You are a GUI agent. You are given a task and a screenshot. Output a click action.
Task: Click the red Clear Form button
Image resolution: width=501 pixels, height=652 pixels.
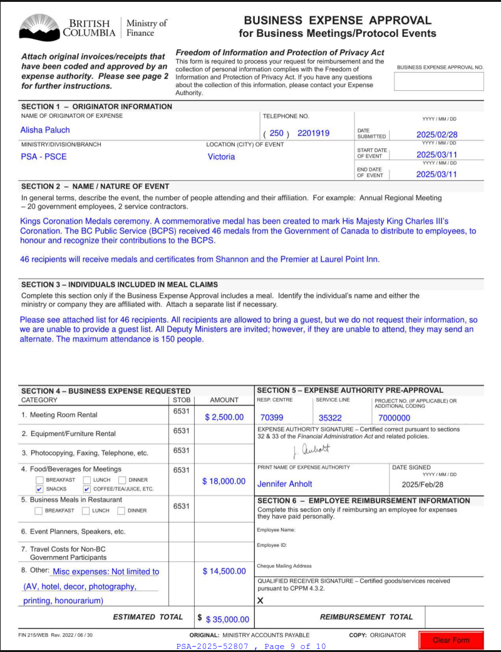tap(451, 639)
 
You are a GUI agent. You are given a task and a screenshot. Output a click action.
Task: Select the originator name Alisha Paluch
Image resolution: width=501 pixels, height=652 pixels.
tap(45, 130)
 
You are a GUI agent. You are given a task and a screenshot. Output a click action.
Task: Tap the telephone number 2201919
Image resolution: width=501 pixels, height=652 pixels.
tap(313, 133)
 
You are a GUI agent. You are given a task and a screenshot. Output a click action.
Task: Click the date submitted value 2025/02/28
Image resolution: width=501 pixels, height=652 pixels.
tap(437, 135)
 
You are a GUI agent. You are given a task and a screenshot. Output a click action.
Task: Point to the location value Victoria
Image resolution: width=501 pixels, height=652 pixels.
tap(221, 156)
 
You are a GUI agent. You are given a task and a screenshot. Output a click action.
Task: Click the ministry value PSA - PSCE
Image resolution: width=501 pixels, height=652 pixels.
tap(41, 156)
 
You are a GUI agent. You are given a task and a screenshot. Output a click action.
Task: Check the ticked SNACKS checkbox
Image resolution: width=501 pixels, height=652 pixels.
tap(39, 489)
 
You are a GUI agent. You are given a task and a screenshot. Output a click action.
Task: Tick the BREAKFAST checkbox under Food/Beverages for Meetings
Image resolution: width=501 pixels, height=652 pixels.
tap(39, 480)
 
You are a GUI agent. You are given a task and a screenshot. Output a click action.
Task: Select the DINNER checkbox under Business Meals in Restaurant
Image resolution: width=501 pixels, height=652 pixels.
tap(121, 511)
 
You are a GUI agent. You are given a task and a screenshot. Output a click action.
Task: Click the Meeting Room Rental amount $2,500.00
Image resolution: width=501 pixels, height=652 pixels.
tap(224, 417)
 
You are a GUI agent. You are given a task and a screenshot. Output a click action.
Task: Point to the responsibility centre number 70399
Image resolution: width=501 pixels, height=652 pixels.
tap(272, 417)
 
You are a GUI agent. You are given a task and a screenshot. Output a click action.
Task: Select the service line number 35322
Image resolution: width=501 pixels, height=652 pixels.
tap(330, 417)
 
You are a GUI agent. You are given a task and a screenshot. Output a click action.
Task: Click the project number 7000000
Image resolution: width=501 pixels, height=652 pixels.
tap(395, 417)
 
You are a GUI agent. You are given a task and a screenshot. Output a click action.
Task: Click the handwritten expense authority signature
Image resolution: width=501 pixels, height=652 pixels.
tap(311, 449)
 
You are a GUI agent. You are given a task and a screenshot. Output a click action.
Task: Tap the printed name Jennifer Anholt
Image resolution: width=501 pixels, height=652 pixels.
tap(285, 484)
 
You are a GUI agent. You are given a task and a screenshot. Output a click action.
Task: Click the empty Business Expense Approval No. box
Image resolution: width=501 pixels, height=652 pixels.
tap(438, 81)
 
